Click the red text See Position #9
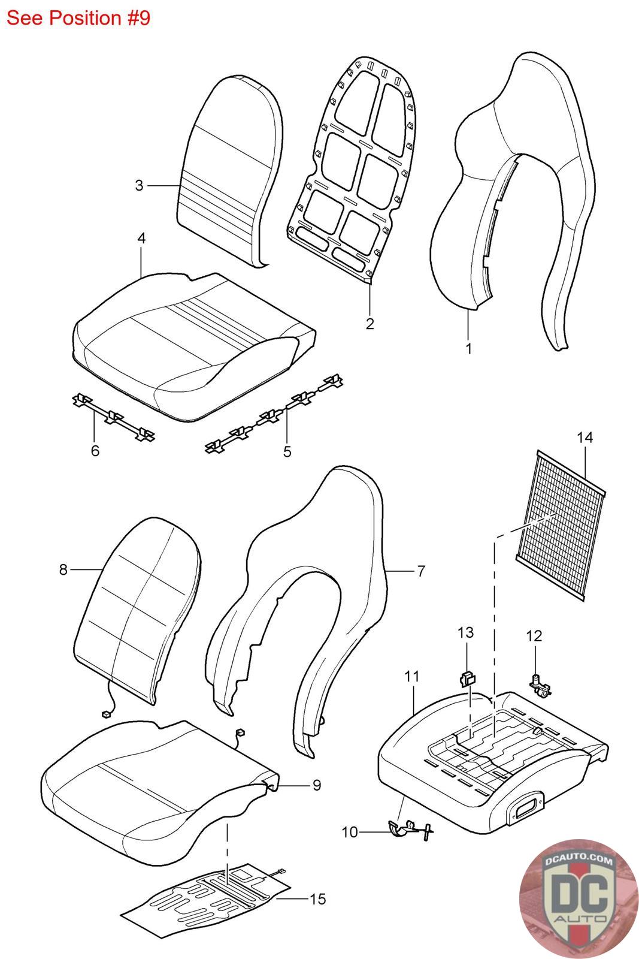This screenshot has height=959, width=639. tap(78, 18)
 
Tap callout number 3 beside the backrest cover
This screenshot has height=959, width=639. tap(139, 186)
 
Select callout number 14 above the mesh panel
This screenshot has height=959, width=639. tap(585, 438)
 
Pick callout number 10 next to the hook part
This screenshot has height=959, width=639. tap(350, 832)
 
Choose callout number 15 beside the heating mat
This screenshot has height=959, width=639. tap(318, 899)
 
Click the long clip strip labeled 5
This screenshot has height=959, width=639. tap(272, 414)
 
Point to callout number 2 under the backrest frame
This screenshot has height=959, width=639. tap(370, 324)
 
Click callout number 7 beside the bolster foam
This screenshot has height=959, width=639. tap(421, 571)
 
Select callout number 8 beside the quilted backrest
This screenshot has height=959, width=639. tap(63, 569)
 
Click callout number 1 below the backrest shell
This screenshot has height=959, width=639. tap(468, 348)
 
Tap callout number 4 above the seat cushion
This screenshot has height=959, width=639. tap(141, 238)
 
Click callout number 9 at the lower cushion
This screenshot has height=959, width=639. tap(316, 785)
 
